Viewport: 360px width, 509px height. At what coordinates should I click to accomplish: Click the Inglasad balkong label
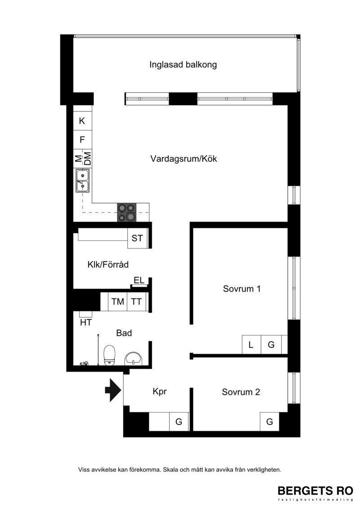pyautogui.click(x=183, y=65)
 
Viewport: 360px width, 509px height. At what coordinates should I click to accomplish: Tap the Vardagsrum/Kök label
pyautogui.click(x=184, y=159)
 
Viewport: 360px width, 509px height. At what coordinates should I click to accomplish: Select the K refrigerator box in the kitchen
pyautogui.click(x=82, y=121)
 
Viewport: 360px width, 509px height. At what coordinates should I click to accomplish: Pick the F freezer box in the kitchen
pyautogui.click(x=82, y=140)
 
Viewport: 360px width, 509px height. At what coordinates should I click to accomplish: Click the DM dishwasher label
pyautogui.click(x=87, y=159)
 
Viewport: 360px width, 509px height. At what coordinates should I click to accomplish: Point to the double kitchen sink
pyautogui.click(x=83, y=180)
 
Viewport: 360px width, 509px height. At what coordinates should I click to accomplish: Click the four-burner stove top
pyautogui.click(x=126, y=212)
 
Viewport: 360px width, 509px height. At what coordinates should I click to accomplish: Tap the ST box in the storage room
pyautogui.click(x=137, y=238)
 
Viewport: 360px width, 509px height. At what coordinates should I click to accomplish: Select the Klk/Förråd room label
pyautogui.click(x=108, y=265)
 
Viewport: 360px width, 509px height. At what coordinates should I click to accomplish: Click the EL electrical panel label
pyautogui.click(x=139, y=280)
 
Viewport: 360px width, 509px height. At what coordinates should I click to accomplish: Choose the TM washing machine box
pyautogui.click(x=117, y=302)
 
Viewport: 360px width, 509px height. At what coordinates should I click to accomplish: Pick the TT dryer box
pyautogui.click(x=136, y=302)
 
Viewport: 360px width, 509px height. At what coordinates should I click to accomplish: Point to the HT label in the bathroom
pyautogui.click(x=86, y=322)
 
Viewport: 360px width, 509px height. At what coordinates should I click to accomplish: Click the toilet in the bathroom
pyautogui.click(x=109, y=356)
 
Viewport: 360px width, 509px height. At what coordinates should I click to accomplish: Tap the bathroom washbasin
pyautogui.click(x=133, y=359)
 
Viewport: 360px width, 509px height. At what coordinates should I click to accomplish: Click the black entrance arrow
pyautogui.click(x=113, y=390)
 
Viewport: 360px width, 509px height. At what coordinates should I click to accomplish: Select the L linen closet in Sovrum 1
pyautogui.click(x=252, y=344)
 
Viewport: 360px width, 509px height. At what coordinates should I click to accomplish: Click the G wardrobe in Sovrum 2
pyautogui.click(x=270, y=422)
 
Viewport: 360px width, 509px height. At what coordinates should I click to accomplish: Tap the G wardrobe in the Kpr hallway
pyautogui.click(x=179, y=422)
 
